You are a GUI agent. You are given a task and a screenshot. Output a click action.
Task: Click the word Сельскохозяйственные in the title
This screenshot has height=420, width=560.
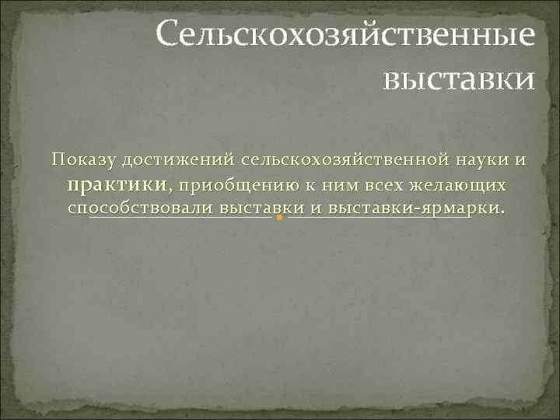[345, 34]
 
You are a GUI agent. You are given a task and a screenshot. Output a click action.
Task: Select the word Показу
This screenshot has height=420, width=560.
[82, 160]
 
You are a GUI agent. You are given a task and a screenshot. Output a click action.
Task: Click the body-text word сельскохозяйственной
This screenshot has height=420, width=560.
[345, 160]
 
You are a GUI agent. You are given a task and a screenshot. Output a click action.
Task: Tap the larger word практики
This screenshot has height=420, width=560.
[117, 185]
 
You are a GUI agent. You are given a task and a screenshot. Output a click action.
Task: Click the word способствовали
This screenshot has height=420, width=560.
[140, 209]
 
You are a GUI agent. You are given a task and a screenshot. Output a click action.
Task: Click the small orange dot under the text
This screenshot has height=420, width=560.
[278, 218]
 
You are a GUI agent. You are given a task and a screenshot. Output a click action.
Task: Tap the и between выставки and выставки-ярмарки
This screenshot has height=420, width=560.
[316, 209]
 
